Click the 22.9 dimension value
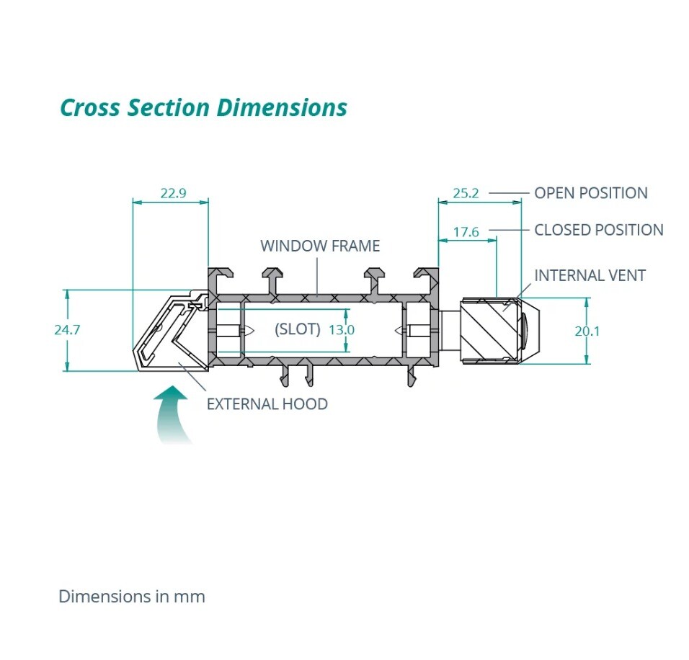tap(173, 193)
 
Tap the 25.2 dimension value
tap(466, 193)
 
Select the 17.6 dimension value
tap(466, 231)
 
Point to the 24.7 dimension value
tap(67, 329)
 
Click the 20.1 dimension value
tap(587, 331)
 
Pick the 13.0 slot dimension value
tap(342, 329)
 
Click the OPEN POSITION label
tap(591, 193)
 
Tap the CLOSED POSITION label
tap(599, 230)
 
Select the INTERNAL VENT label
tap(590, 275)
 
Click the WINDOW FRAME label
tap(320, 246)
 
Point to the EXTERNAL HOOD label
tap(267, 404)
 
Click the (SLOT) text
tap(298, 329)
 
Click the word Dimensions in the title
tap(282, 107)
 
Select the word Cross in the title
tap(90, 107)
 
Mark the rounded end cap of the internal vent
tap(530, 330)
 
